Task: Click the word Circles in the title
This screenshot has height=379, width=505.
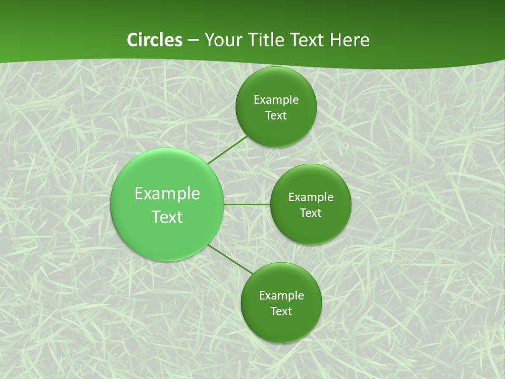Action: click(x=155, y=40)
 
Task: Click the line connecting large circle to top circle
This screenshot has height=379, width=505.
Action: click(x=227, y=149)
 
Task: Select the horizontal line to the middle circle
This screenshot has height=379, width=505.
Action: click(x=247, y=204)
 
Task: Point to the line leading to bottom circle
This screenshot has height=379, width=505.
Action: click(x=230, y=259)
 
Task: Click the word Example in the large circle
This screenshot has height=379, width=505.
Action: click(x=167, y=194)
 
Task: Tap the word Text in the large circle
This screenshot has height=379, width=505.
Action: click(x=167, y=217)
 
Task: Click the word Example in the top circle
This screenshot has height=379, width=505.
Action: click(x=276, y=100)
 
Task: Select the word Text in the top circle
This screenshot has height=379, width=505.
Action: click(x=276, y=116)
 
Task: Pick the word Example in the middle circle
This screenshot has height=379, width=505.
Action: click(x=311, y=197)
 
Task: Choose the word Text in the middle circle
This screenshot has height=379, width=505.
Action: click(x=311, y=213)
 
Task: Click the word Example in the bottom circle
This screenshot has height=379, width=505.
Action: click(x=281, y=295)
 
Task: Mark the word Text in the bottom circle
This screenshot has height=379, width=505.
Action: click(x=281, y=311)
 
